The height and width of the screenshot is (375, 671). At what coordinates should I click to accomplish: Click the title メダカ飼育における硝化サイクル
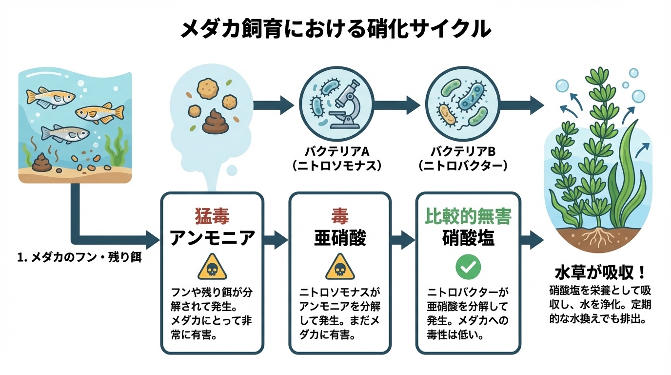click(335, 30)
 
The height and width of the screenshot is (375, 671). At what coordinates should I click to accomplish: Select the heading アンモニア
click(212, 238)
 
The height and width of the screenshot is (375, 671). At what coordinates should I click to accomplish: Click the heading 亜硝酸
click(339, 238)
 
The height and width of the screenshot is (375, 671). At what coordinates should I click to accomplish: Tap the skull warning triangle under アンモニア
click(212, 267)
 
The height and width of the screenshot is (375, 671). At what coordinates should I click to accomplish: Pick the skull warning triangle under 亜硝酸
click(339, 267)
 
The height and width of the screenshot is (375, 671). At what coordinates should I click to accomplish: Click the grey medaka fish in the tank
click(64, 133)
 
